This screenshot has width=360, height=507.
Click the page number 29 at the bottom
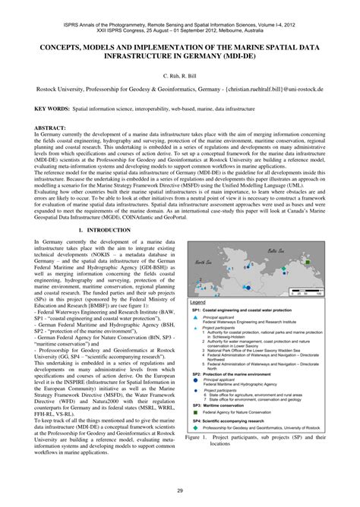(x=180, y=492)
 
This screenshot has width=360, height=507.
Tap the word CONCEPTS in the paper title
(x=61, y=46)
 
